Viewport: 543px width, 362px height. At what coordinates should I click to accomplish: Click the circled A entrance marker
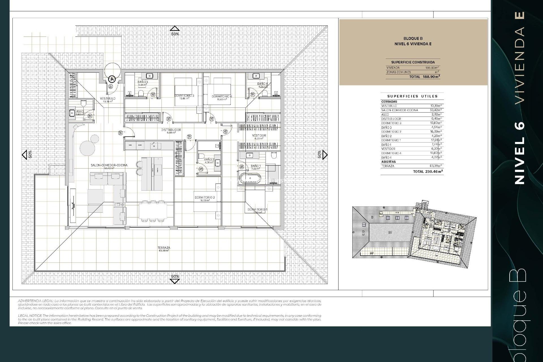(112, 79)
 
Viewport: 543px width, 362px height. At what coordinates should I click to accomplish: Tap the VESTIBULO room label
(108, 98)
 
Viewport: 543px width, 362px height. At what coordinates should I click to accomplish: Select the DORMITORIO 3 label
(184, 96)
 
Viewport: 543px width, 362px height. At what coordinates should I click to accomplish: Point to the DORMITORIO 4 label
(222, 96)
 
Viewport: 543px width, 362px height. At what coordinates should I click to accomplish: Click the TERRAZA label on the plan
(164, 248)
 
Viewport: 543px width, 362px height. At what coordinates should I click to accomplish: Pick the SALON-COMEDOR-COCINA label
(109, 165)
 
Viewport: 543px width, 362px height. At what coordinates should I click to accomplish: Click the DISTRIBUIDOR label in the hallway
(171, 130)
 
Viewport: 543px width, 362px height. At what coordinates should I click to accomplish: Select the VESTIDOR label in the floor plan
(259, 136)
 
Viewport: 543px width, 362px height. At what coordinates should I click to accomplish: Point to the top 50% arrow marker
(175, 28)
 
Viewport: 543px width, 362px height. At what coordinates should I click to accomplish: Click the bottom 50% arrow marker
(175, 281)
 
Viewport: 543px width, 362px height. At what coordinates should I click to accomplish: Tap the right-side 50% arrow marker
(325, 155)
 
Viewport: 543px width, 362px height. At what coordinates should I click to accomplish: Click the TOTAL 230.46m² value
(428, 171)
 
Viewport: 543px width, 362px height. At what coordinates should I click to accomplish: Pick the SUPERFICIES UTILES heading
(412, 96)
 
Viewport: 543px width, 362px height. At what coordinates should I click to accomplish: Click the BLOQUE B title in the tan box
(413, 38)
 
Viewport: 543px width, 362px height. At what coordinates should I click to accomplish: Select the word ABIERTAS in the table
(388, 162)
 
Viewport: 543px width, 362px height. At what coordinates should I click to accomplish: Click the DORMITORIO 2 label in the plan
(205, 197)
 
